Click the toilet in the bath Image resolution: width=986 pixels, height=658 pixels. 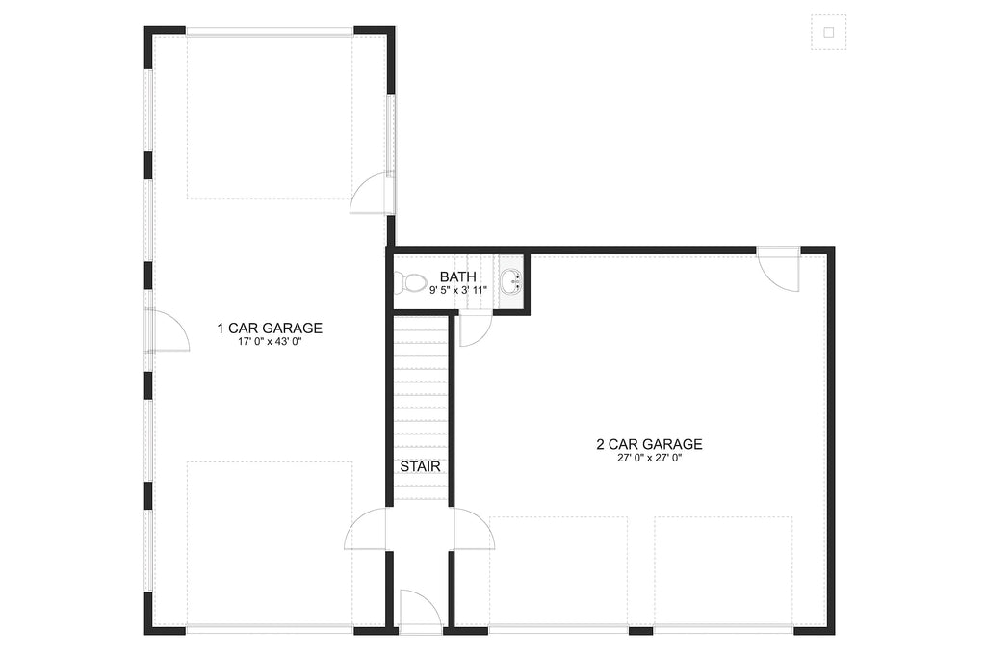[x=413, y=282]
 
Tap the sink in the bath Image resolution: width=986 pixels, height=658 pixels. [x=511, y=282]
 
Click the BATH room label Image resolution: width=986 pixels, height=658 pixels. [x=457, y=276]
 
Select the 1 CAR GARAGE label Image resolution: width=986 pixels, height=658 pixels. [x=269, y=329]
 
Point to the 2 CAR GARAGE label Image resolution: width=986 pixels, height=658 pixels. [x=648, y=444]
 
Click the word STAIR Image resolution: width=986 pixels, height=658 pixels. [x=421, y=466]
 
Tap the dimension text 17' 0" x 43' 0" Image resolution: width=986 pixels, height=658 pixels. [x=269, y=342]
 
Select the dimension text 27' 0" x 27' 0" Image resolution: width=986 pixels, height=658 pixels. [x=648, y=459]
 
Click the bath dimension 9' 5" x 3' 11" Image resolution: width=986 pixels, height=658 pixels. [x=457, y=289]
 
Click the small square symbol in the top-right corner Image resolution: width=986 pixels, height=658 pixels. [x=828, y=32]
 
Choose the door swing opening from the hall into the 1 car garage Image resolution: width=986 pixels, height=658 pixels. [x=367, y=531]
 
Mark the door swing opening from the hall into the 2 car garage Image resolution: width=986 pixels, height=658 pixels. [x=473, y=531]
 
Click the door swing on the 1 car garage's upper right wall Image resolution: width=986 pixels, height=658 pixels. [x=369, y=194]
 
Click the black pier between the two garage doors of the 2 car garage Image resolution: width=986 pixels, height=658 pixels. [x=640, y=631]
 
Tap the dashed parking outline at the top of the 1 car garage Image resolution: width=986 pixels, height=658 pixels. [x=270, y=118]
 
